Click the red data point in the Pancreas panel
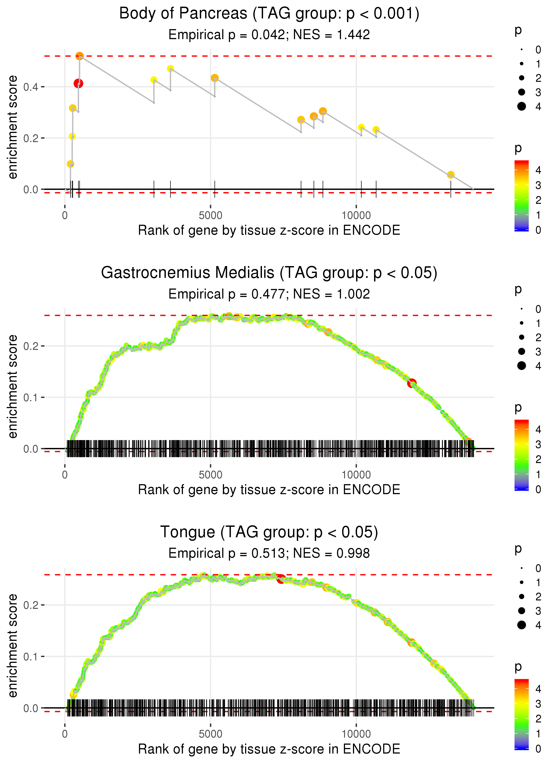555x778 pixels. click(x=78, y=84)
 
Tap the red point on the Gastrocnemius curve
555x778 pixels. click(x=412, y=383)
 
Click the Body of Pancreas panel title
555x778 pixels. click(x=269, y=14)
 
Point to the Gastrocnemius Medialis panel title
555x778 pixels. click(x=269, y=273)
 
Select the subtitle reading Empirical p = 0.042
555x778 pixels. click(x=269, y=35)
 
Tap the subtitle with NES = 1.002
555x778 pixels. click(x=269, y=294)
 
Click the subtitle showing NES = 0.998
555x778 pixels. click(x=269, y=553)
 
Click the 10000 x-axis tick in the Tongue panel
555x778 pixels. click(x=356, y=734)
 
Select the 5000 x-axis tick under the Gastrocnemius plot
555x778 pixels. click(x=210, y=475)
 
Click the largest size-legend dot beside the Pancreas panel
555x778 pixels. click(x=521, y=106)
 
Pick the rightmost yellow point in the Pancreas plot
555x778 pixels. click(x=451, y=175)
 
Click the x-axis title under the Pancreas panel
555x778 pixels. click(x=269, y=231)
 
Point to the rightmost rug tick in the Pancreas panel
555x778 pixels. click(x=451, y=189)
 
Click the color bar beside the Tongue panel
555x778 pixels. click(x=521, y=714)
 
